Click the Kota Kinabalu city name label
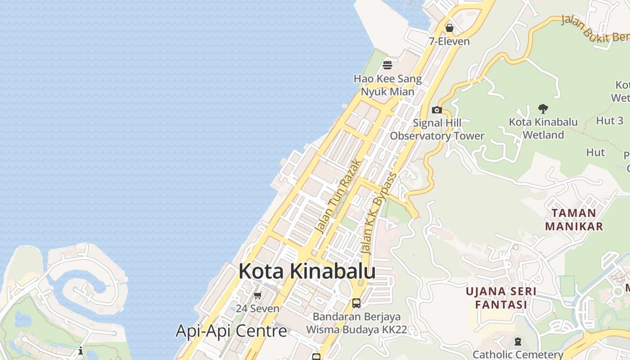pos(307,271)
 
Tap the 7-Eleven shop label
pos(449,41)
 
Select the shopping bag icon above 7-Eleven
pos(449,28)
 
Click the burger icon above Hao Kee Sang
pos(387,66)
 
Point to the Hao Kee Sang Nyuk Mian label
pos(387,85)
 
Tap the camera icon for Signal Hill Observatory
pos(436,110)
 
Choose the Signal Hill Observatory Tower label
pos(437,129)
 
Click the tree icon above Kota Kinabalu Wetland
pos(543,108)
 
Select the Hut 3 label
pos(610,121)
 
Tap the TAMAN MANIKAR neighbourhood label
pos(574,219)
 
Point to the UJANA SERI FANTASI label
pos(501,298)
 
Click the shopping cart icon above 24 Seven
pos(257,296)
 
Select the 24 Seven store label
pos(257,309)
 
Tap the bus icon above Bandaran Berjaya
pos(356,303)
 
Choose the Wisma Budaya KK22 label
pos(356,329)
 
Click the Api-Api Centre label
pos(231,331)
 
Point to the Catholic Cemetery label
pos(518,355)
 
